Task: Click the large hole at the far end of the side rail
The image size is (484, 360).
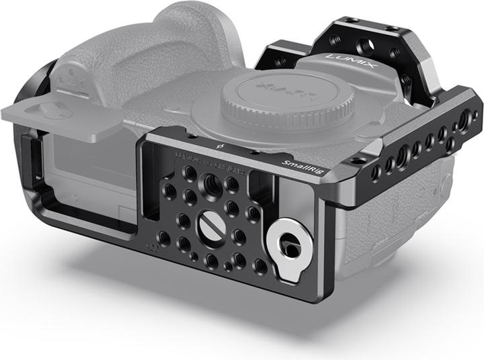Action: tap(463, 122)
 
